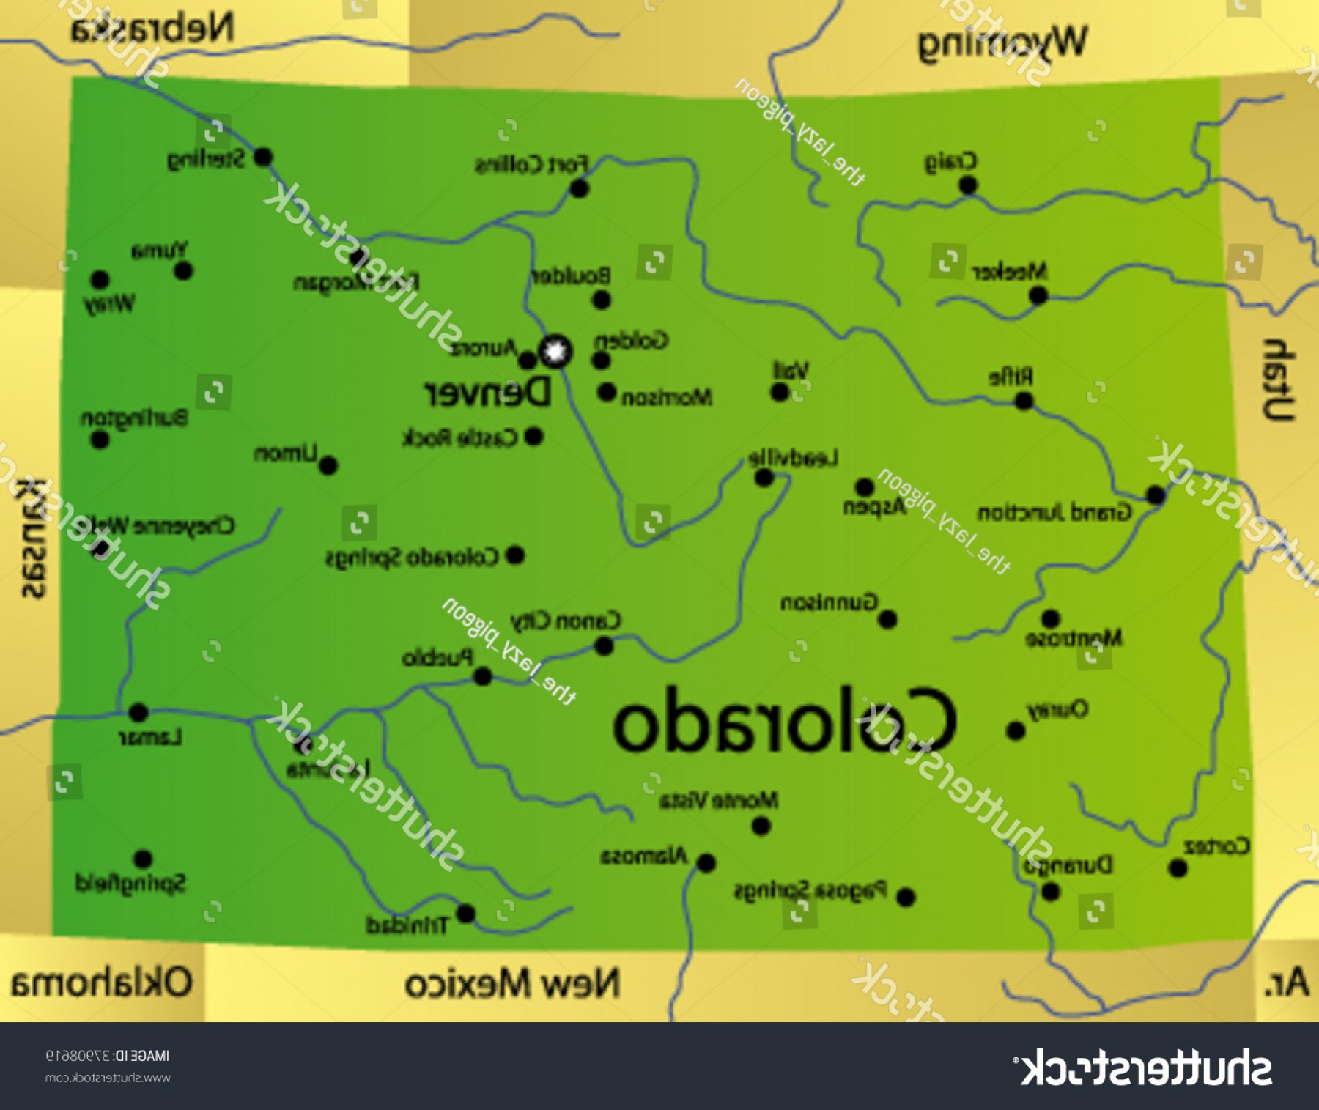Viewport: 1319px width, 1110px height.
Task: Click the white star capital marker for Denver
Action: [x=555, y=352]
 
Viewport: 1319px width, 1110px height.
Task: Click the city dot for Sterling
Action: [x=263, y=157]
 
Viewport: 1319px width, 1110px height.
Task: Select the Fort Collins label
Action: [x=531, y=164]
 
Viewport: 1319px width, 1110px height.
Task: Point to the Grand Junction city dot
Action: [x=1156, y=495]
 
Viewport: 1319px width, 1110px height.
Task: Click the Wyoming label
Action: [x=1002, y=42]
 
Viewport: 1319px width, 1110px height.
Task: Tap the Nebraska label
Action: [x=152, y=29]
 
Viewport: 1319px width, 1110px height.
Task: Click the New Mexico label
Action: [x=512, y=983]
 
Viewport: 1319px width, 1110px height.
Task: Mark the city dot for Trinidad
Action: [x=466, y=914]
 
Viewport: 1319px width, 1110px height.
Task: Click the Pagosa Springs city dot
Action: [x=906, y=897]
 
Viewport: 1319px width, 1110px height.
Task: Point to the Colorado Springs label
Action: [x=412, y=558]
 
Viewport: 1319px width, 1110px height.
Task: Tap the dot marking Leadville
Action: [x=764, y=478]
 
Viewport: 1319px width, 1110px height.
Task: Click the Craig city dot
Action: [x=968, y=185]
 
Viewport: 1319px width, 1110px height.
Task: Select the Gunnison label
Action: [x=829, y=603]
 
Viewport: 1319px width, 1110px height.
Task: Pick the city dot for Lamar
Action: [x=138, y=711]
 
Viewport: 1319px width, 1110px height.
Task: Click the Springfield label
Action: [x=130, y=883]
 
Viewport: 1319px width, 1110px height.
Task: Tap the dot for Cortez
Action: [x=1178, y=868]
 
